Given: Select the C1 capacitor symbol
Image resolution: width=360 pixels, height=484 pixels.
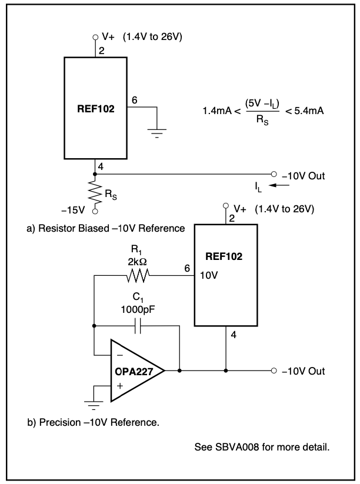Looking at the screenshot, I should tap(136, 325).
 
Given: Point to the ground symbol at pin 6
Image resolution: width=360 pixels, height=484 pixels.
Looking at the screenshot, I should tap(156, 131).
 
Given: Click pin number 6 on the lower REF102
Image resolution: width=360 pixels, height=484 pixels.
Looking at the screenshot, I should tap(187, 268).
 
